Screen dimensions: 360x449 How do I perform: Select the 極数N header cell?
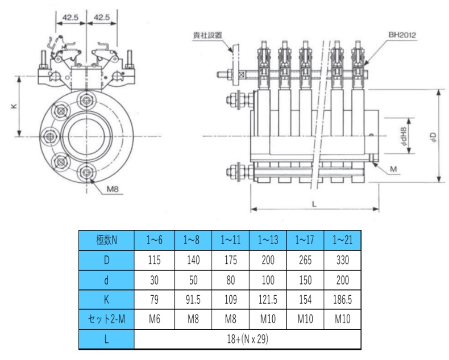(106, 240)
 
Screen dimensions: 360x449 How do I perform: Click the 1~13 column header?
(267, 240)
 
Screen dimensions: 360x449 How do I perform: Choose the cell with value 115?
(155, 261)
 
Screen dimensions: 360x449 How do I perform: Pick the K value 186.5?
(342, 300)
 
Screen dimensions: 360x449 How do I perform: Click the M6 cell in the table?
(155, 320)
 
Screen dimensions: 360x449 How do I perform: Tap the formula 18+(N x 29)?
(248, 340)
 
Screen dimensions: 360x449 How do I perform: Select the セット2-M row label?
(106, 320)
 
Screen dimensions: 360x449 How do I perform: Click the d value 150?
(305, 281)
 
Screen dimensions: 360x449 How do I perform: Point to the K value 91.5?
(192, 300)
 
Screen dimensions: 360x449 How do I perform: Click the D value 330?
(342, 261)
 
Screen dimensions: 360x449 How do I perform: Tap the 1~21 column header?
(342, 240)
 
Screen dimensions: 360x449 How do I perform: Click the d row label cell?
(106, 281)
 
